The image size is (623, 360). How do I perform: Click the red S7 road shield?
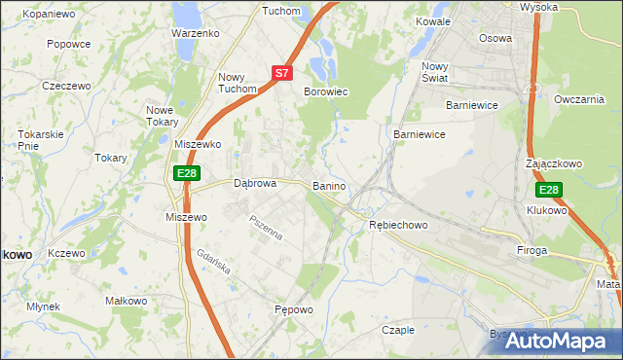pyautogui.click(x=281, y=72)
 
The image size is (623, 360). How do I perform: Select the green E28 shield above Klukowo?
pyautogui.click(x=549, y=190)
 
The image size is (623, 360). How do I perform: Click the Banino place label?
pyautogui.click(x=330, y=185)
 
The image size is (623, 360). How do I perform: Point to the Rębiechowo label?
pyautogui.click(x=398, y=225)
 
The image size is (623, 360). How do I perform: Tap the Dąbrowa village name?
pyautogui.click(x=256, y=182)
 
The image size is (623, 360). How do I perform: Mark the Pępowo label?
pyautogui.click(x=292, y=310)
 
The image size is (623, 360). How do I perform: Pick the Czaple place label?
pyautogui.click(x=397, y=330)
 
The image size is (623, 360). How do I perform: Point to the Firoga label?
pyautogui.click(x=532, y=250)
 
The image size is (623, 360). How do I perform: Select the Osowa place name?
pyautogui.click(x=495, y=38)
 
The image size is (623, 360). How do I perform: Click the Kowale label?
pyautogui.click(x=432, y=20)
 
